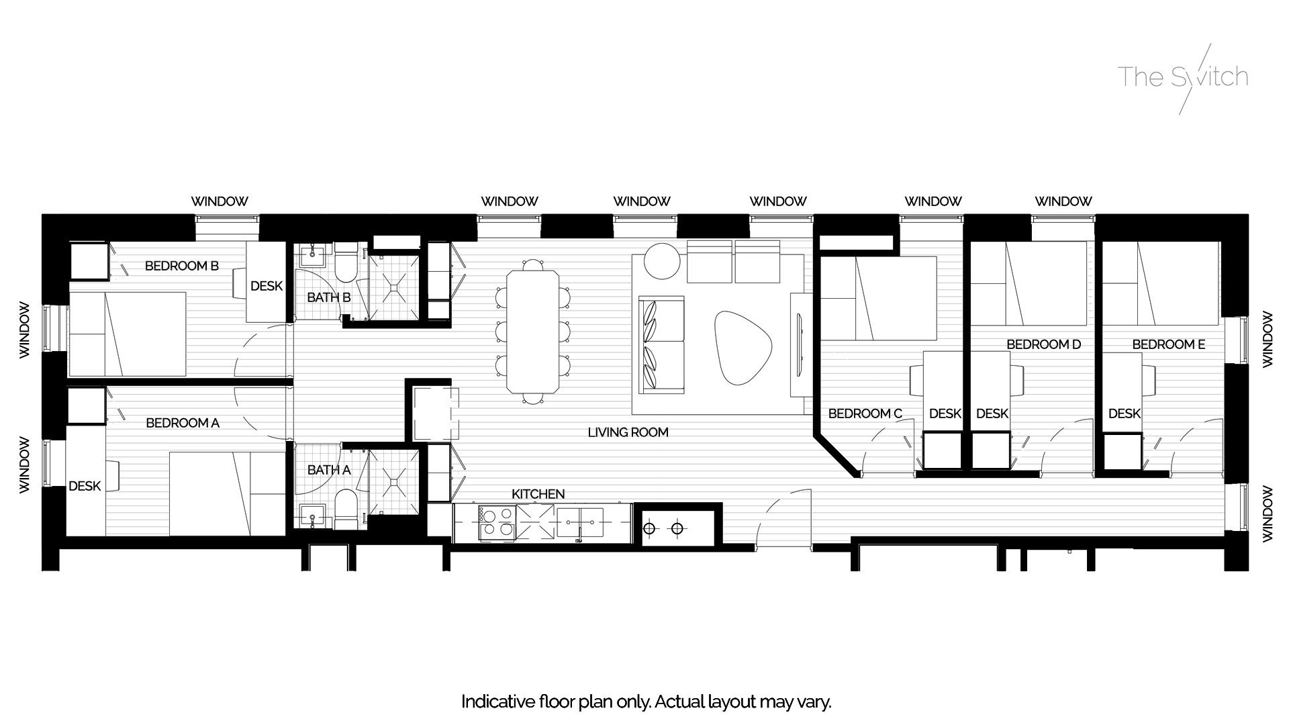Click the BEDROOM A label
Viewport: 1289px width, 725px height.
click(183, 423)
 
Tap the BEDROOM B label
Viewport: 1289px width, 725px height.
click(182, 266)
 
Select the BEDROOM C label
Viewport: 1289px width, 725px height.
click(865, 414)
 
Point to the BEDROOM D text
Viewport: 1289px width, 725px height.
click(1044, 344)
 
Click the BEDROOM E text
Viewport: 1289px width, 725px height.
click(1169, 344)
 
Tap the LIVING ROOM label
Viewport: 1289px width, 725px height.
click(628, 432)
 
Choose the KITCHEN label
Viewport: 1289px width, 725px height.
click(538, 494)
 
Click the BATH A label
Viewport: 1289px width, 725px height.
click(329, 470)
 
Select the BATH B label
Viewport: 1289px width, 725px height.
click(329, 297)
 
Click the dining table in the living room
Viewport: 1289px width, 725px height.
click(533, 331)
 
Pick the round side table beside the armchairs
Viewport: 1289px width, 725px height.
click(662, 260)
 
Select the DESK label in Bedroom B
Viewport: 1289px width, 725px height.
click(267, 286)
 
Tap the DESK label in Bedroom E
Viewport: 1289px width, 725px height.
click(1125, 414)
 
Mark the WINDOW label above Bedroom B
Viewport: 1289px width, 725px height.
click(220, 201)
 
